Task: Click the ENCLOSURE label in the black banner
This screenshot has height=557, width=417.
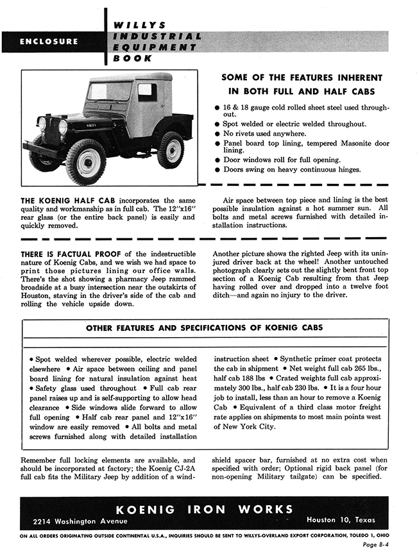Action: pos(49,42)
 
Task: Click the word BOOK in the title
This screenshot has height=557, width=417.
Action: pos(133,58)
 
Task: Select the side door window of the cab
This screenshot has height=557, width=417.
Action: pos(147,92)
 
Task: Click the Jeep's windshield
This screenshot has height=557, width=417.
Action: pos(111,92)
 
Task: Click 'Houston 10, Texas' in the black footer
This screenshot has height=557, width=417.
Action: pos(341,519)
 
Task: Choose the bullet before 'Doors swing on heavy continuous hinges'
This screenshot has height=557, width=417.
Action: pos(217,169)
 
